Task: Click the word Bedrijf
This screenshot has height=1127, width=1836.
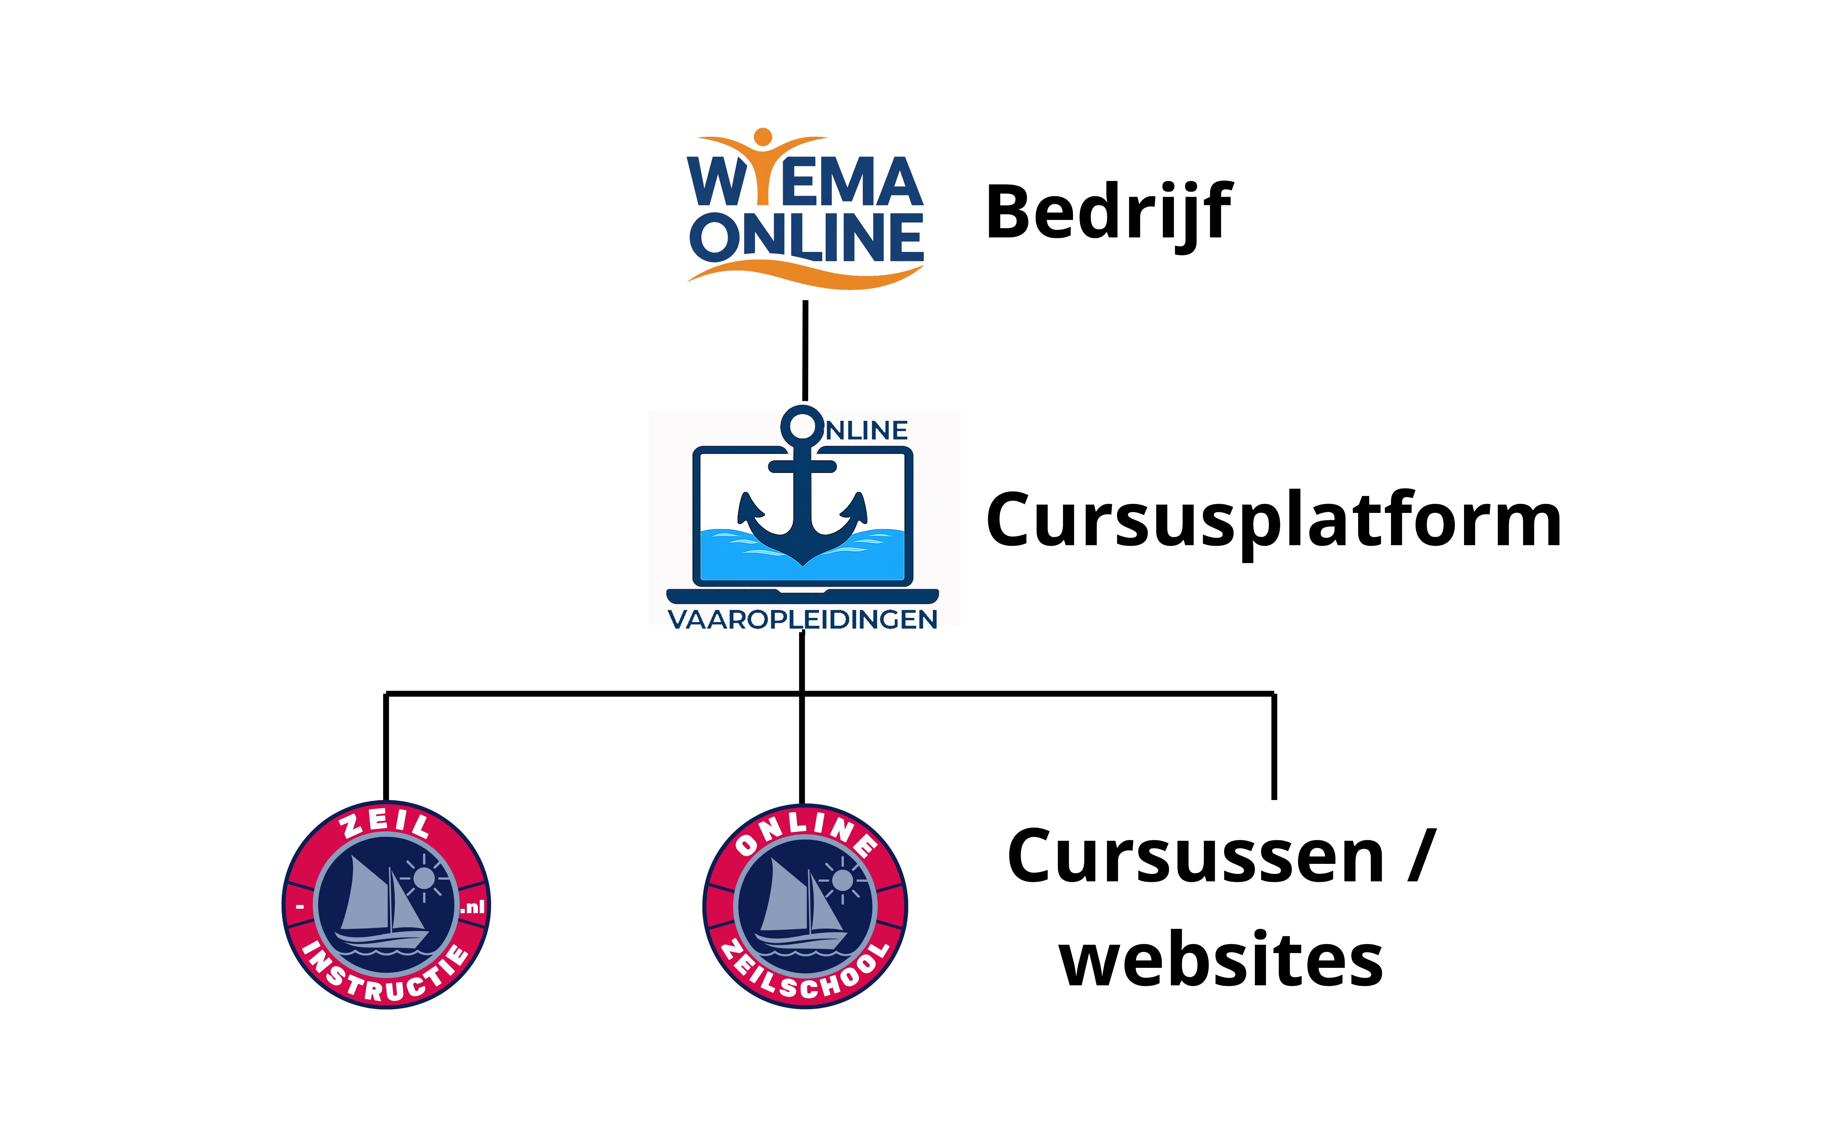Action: pyautogui.click(x=1108, y=212)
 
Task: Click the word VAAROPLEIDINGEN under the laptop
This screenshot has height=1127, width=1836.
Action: pyautogui.click(x=802, y=619)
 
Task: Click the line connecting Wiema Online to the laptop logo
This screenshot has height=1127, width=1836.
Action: pyautogui.click(x=805, y=350)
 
